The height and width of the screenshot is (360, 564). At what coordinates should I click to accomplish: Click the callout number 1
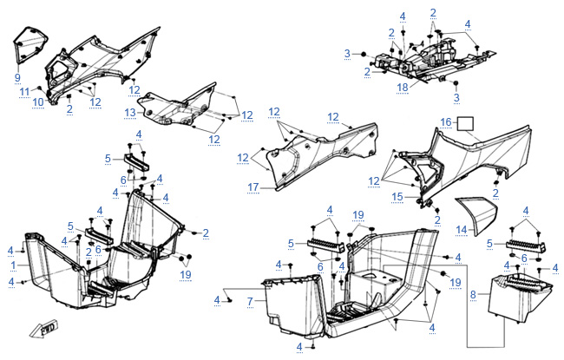tap(13, 265)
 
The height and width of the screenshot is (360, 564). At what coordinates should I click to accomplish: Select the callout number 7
tap(249, 301)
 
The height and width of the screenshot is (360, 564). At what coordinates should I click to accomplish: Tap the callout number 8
tap(473, 294)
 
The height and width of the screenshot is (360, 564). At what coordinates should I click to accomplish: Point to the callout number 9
tap(16, 77)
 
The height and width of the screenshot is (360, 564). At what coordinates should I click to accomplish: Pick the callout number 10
tap(38, 102)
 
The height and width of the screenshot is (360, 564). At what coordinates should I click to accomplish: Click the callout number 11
tap(25, 91)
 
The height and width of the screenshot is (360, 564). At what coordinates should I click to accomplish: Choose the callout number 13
tap(129, 113)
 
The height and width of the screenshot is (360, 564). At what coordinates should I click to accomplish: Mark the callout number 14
tap(462, 229)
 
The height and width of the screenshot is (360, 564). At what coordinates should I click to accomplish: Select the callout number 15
tap(398, 197)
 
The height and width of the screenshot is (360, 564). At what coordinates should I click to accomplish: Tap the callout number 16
tap(445, 124)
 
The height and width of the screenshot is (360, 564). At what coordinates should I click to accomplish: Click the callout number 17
tap(252, 187)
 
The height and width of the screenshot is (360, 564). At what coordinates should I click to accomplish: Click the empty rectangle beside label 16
tap(466, 124)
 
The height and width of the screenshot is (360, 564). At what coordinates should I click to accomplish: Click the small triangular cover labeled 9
tap(30, 47)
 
